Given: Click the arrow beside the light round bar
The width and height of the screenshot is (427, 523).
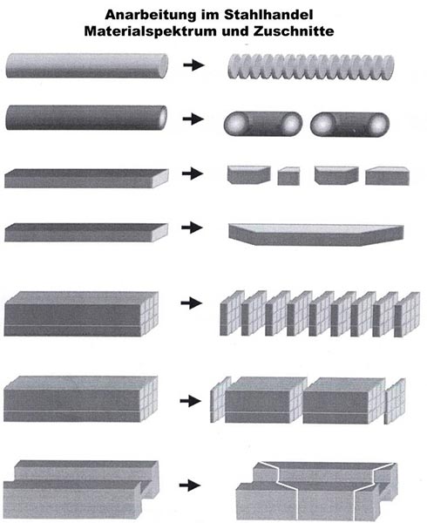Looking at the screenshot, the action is (x=193, y=65).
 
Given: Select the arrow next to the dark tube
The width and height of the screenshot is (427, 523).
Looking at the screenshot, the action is (x=193, y=119).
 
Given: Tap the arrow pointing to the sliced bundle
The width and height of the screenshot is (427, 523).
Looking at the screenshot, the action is (x=192, y=303).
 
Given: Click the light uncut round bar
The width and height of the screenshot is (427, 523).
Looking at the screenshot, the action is (x=87, y=65).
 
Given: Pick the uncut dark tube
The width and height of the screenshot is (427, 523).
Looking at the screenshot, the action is (x=86, y=118).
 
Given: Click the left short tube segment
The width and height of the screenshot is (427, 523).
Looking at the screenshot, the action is (x=263, y=124).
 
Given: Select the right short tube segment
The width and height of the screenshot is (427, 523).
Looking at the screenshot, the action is (x=349, y=125).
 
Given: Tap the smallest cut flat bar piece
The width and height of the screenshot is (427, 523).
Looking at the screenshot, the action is (x=288, y=176).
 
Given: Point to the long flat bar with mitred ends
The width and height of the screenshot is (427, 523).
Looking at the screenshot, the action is (x=316, y=234).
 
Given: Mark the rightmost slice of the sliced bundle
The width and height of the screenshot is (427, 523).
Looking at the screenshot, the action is (x=407, y=314).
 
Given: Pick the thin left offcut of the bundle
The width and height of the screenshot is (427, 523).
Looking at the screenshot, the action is (x=220, y=399).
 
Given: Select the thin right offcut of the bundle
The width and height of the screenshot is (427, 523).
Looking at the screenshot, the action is (x=395, y=401).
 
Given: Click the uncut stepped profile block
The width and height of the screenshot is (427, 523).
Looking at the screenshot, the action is (x=81, y=490).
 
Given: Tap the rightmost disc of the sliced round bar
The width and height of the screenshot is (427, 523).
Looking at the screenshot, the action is (x=387, y=66).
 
